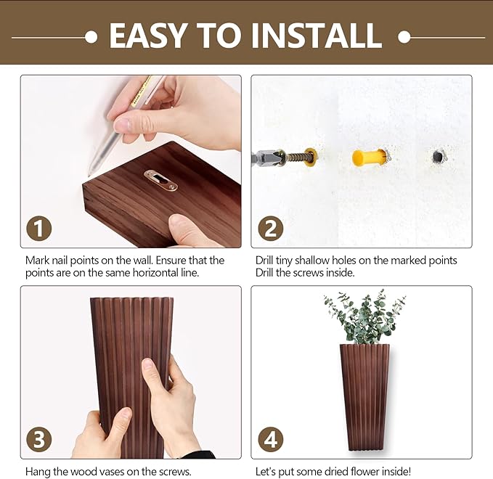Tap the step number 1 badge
click(39, 229)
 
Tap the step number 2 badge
click(270, 229)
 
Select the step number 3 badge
click(39, 440)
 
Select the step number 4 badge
click(270, 440)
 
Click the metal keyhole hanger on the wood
click(160, 180)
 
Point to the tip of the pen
click(90, 174)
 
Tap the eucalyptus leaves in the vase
click(365, 318)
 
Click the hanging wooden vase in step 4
click(364, 392)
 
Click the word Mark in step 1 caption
click(38, 260)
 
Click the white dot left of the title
click(91, 36)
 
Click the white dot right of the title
click(404, 36)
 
